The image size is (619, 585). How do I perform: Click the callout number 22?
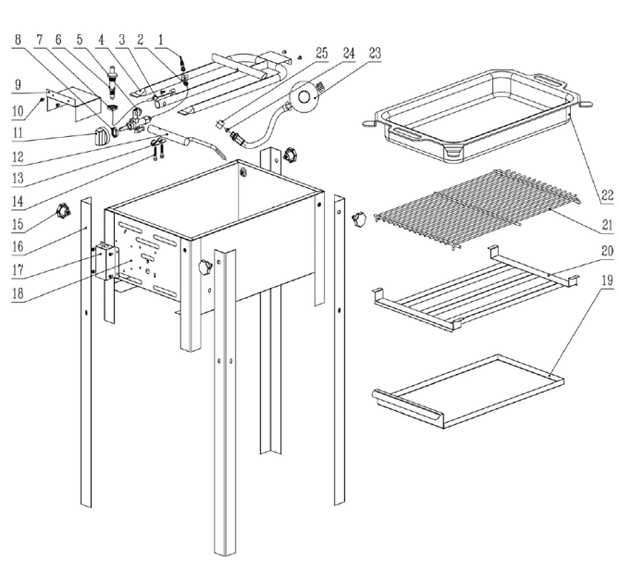tap(608, 195)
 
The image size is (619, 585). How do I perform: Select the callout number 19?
tap(608, 280)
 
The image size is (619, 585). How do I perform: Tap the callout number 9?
tap(18, 85)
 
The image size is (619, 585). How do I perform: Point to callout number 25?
tap(322, 53)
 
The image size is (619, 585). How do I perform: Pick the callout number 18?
tap(18, 293)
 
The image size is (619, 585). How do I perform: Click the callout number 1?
tap(160, 40)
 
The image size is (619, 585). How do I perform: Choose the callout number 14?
tap(18, 202)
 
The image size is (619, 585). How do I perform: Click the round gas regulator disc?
tap(303, 96)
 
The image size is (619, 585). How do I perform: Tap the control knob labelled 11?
tap(103, 136)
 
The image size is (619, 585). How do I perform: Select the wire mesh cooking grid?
tap(477, 209)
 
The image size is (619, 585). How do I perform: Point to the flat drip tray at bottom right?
tap(468, 391)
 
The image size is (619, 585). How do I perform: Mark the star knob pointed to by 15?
tap(63, 210)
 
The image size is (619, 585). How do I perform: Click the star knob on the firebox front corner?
tap(205, 268)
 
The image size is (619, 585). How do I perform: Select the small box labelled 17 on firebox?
tap(105, 262)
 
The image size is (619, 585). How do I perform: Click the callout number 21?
tap(608, 225)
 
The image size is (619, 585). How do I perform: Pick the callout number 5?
tap(80, 40)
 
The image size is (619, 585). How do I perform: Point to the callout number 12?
tap(18, 157)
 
